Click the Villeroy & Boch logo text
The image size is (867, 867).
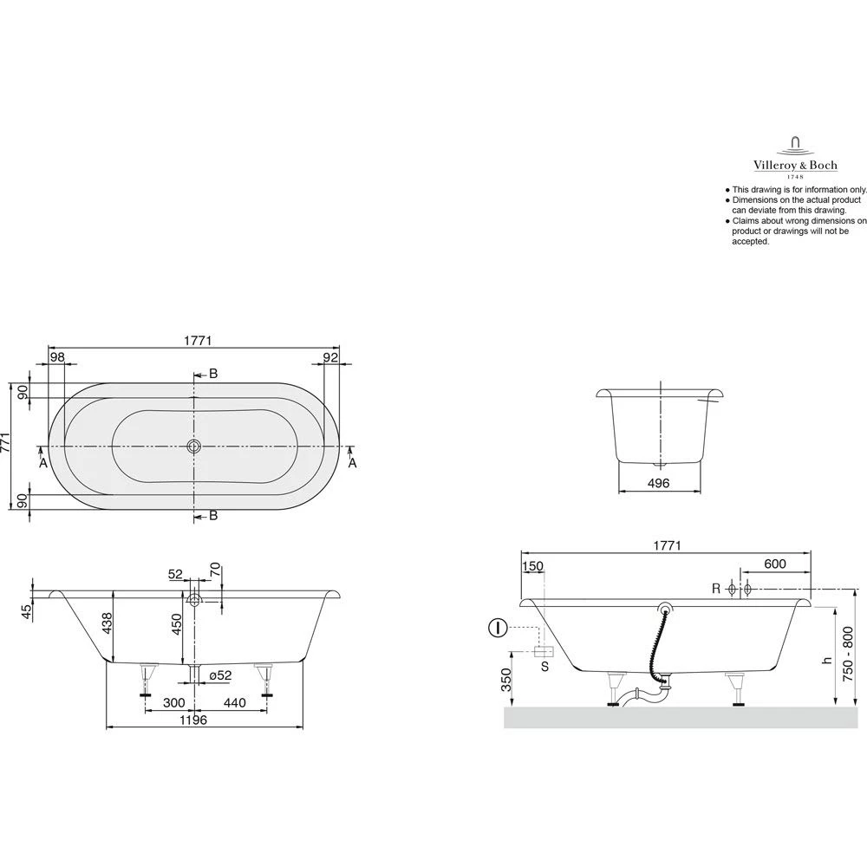795,165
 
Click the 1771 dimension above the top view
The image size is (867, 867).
198,341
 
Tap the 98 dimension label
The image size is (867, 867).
57,357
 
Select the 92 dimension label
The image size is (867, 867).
330,357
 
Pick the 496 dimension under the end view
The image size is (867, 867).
659,483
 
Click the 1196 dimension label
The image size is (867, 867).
193,720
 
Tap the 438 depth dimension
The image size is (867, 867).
108,623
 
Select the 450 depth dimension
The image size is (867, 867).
176,624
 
